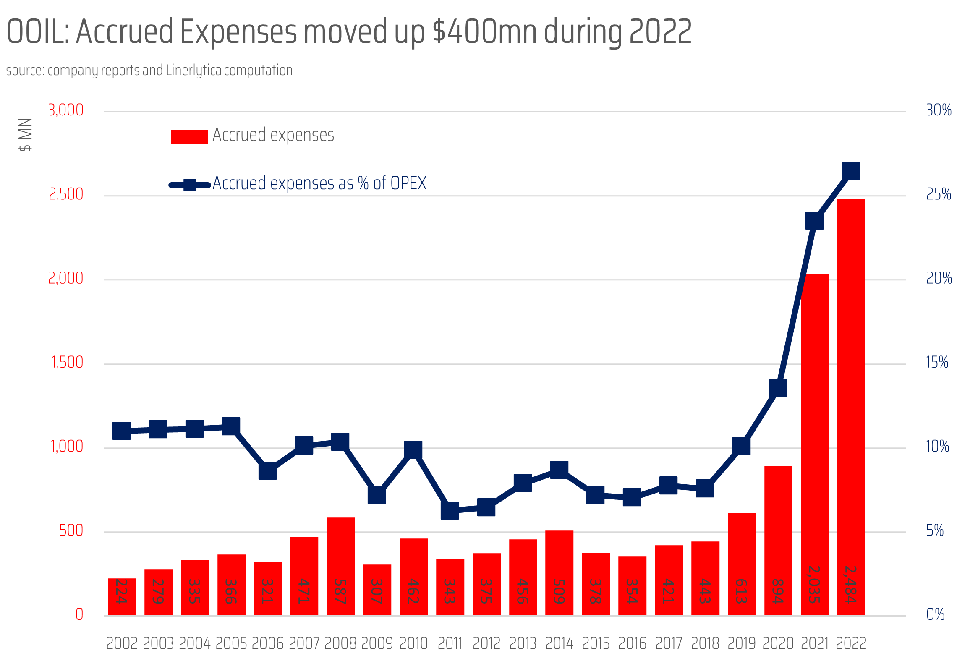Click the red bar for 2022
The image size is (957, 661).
point(851,407)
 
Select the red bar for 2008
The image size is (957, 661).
point(340,567)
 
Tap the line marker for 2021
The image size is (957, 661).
point(814,220)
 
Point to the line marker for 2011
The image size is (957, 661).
point(450,510)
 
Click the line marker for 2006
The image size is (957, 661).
point(267,470)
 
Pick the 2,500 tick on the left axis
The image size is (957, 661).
point(66,194)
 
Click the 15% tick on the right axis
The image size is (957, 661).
point(937,362)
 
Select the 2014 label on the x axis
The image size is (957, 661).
point(559,643)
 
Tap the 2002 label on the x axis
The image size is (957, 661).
point(122,643)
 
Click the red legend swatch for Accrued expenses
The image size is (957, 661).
point(189,137)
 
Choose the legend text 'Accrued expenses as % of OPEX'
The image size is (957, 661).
point(319,183)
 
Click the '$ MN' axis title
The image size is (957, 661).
point(25,134)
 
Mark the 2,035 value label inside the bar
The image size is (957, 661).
point(814,584)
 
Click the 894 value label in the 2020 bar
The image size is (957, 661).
point(778,591)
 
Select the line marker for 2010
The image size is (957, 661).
point(413,449)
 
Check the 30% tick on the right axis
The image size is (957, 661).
point(939,110)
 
